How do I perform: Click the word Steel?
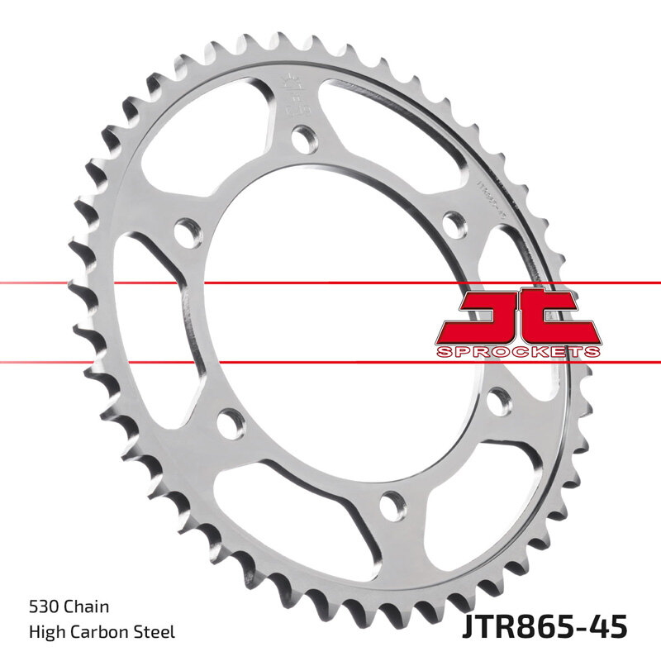[x=155, y=633]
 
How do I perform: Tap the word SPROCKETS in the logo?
[x=517, y=353]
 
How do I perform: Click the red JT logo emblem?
[x=517, y=316]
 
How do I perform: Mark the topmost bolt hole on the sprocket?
[x=306, y=138]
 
